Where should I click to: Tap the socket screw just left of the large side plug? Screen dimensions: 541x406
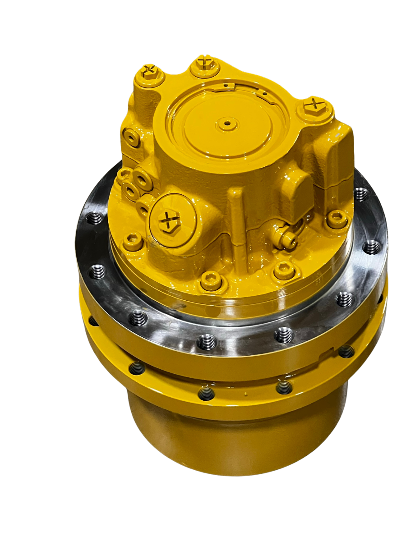click(x=133, y=242)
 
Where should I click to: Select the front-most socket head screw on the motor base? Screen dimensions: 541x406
click(x=211, y=280)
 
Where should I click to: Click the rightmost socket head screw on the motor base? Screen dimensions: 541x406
click(x=337, y=219)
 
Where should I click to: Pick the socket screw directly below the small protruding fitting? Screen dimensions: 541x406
click(x=285, y=270)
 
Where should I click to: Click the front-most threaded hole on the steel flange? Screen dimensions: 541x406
click(x=207, y=341)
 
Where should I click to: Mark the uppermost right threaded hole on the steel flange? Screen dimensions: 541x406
click(x=361, y=194)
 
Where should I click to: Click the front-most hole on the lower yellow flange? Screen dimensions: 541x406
click(x=206, y=394)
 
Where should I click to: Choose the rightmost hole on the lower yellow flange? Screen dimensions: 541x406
click(x=346, y=351)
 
